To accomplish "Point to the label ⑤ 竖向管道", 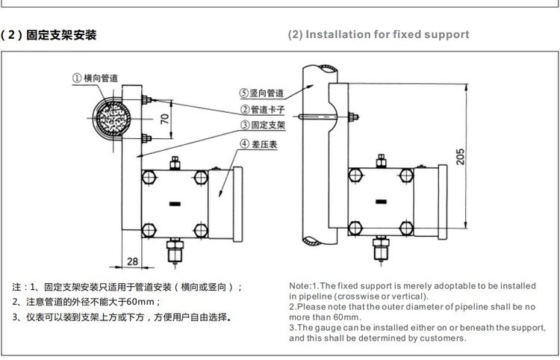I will point(261,94).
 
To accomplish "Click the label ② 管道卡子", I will point(261,110).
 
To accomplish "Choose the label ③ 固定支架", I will point(261,125).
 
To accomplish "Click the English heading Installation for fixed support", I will point(388,34).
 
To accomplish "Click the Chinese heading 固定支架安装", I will point(60,35).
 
